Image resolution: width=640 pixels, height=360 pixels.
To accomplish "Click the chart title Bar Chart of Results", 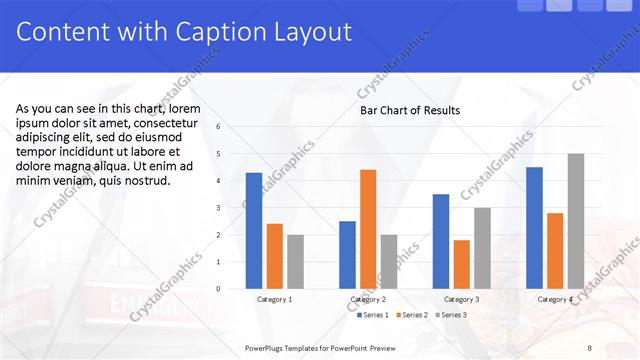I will [x=410, y=110].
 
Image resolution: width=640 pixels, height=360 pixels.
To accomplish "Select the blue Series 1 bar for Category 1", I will [x=254, y=230].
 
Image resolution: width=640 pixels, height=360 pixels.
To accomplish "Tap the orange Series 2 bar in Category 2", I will [x=368, y=229].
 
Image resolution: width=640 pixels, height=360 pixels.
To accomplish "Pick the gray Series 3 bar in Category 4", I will [x=576, y=221].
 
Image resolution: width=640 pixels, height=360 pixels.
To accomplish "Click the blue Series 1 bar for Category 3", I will [x=441, y=241].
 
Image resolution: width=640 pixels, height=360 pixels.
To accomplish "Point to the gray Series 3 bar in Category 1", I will [x=295, y=262].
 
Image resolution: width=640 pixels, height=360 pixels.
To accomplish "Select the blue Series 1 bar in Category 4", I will [x=534, y=227].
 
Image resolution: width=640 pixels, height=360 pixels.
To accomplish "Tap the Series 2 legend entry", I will [x=412, y=315].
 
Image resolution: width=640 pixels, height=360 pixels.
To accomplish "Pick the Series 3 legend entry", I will [x=451, y=315].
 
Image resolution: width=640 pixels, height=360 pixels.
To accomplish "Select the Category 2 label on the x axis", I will [x=369, y=299].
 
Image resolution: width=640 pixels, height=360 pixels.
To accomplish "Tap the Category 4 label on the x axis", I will [x=555, y=299].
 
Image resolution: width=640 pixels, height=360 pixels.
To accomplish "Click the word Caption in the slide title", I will [x=209, y=33].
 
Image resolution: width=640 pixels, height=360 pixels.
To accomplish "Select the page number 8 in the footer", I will [x=589, y=347].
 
